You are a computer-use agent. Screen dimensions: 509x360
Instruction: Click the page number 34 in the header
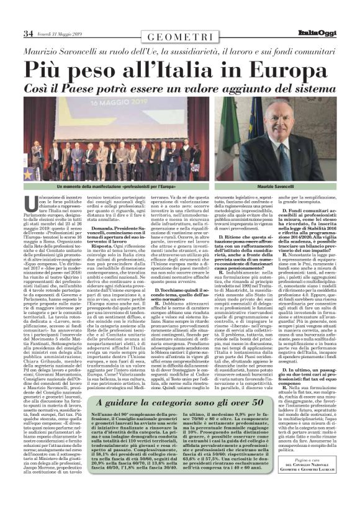coord(27,33)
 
